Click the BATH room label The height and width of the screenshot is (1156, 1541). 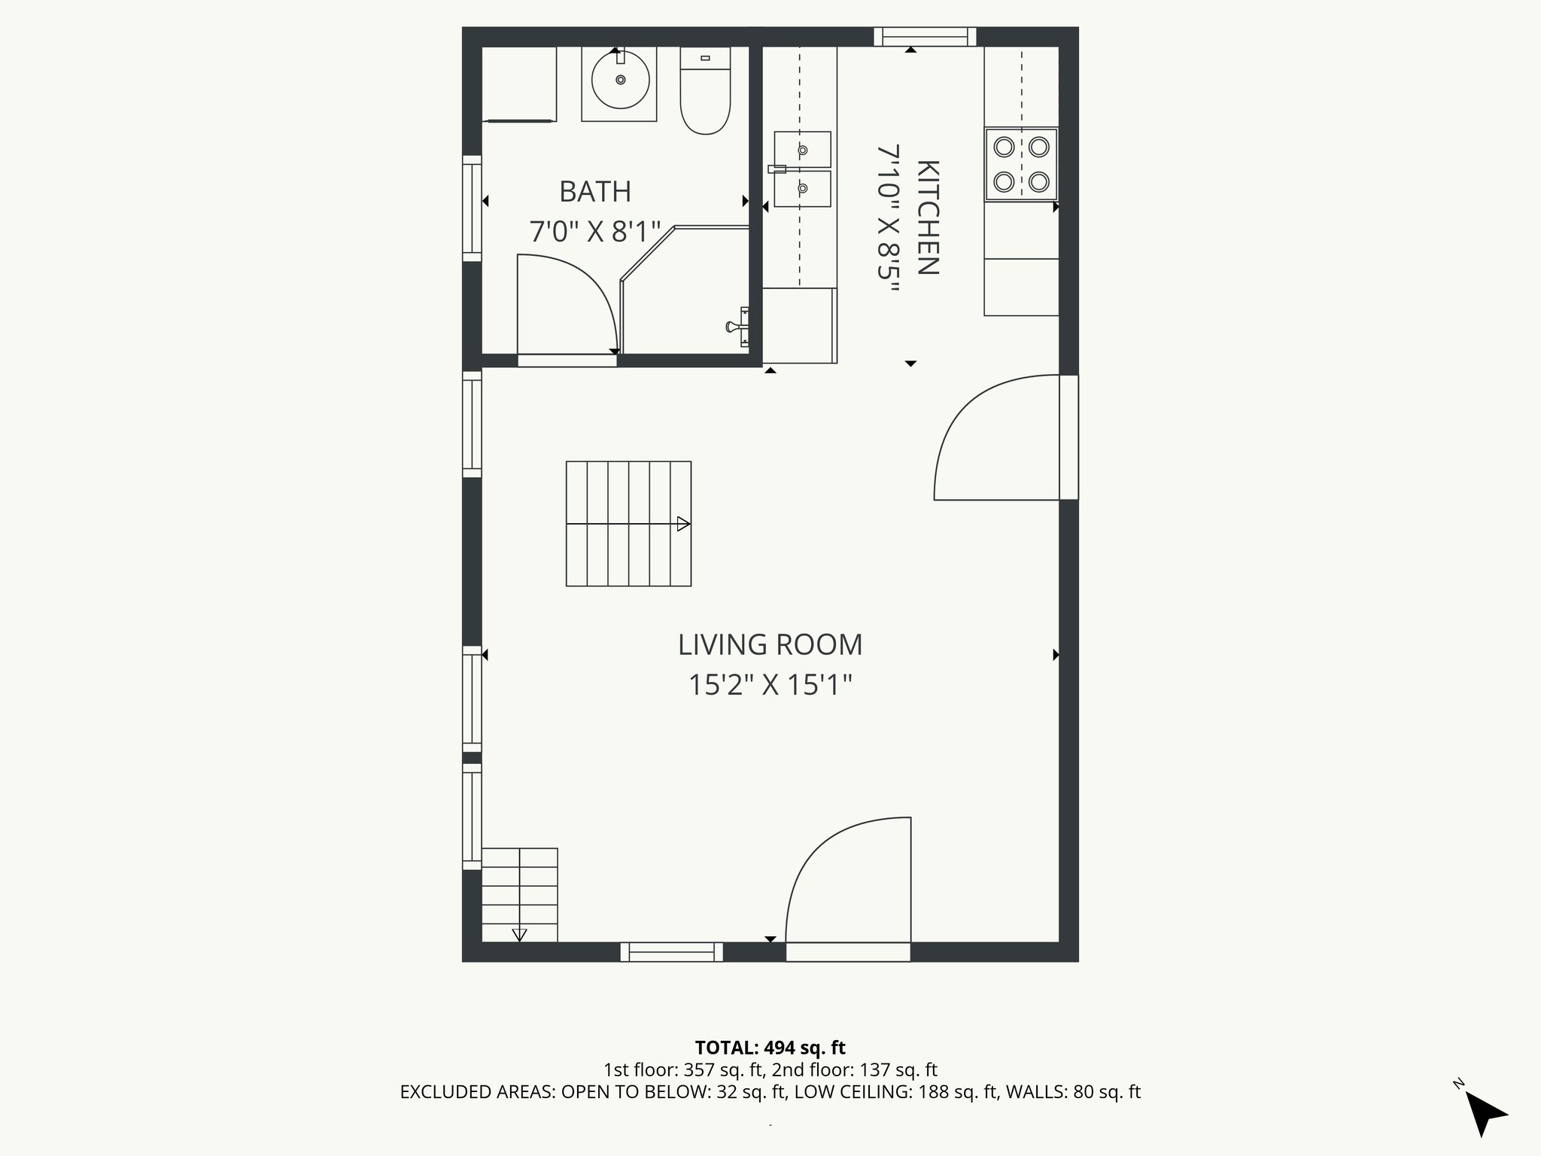(x=594, y=192)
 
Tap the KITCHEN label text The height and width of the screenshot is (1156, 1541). (x=928, y=218)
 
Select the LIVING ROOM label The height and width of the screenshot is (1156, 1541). (x=770, y=645)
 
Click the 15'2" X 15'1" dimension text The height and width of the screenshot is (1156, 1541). (x=770, y=686)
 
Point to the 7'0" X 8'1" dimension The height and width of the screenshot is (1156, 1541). (x=594, y=232)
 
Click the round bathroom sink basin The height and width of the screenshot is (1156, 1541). (x=620, y=80)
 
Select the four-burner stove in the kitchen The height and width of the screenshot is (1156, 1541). (x=1021, y=165)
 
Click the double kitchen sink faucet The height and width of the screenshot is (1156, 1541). (x=778, y=169)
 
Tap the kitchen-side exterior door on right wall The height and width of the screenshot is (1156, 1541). (x=1068, y=437)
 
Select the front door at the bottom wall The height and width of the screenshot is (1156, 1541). (x=848, y=951)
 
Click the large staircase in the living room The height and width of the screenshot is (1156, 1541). (x=628, y=524)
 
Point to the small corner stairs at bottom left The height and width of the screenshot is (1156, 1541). (x=519, y=895)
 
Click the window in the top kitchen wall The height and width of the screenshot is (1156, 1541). (x=925, y=37)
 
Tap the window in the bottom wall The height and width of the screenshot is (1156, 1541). (x=671, y=952)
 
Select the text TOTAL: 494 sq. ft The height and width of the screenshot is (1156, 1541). (x=770, y=1048)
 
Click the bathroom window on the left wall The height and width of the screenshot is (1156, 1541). (x=472, y=208)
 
